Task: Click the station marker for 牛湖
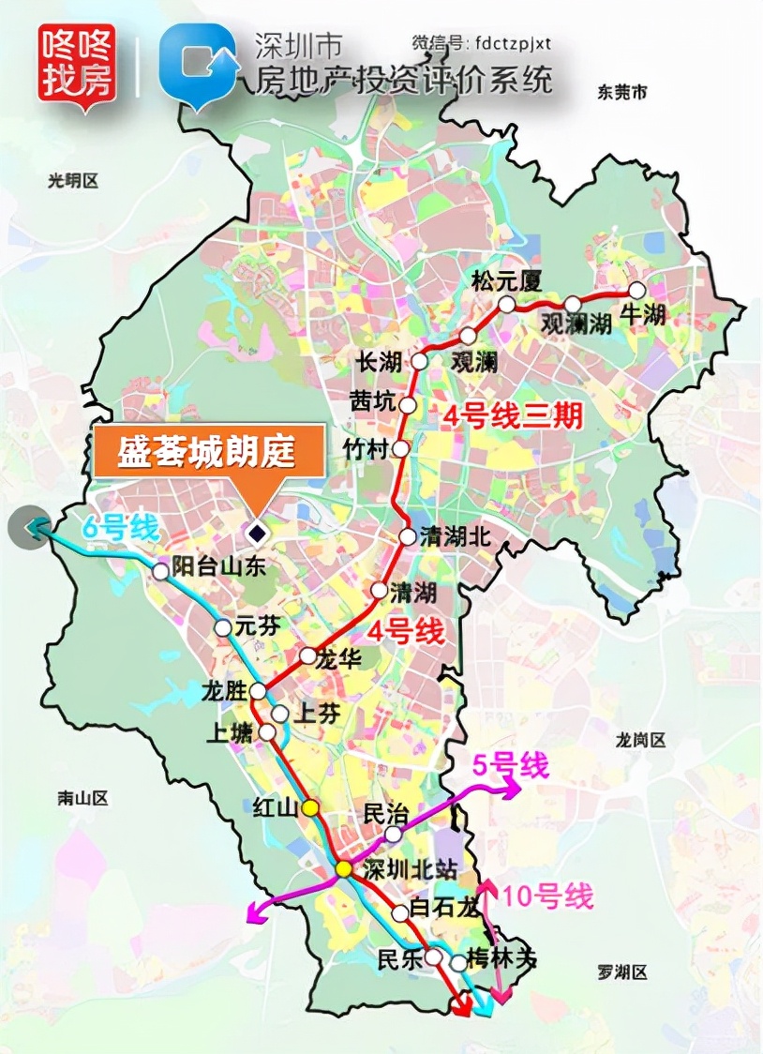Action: (x=637, y=290)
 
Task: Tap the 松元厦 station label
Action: (x=507, y=280)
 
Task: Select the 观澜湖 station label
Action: (x=576, y=324)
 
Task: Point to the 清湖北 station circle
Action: (x=407, y=537)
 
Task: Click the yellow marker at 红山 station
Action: (x=311, y=807)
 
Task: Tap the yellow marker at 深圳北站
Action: (x=344, y=869)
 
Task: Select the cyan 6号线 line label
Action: (x=120, y=528)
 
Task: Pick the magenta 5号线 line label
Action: (x=509, y=765)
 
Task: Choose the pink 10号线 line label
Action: (x=548, y=896)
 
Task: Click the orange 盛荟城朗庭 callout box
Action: (x=207, y=454)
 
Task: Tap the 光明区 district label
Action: (x=72, y=182)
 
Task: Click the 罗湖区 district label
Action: (x=621, y=972)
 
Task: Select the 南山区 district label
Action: (x=82, y=798)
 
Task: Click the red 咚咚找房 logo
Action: (x=77, y=63)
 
